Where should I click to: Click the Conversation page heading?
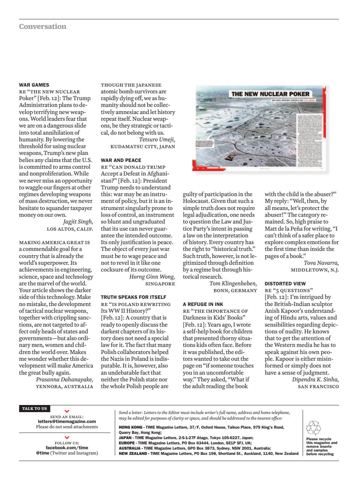(43, 27)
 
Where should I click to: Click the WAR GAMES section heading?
(34, 85)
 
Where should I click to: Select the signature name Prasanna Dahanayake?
(64, 379)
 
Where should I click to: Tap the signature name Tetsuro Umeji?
(157, 139)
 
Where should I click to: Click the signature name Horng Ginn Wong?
(152, 277)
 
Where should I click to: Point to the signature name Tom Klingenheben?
(233, 283)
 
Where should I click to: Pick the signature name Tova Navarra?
(321, 263)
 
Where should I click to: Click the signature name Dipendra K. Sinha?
(315, 379)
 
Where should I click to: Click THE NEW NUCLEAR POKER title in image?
(270, 94)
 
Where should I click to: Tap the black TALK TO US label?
(34, 409)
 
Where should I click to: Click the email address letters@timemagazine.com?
(67, 421)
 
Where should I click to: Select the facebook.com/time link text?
(67, 447)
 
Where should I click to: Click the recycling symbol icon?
(314, 428)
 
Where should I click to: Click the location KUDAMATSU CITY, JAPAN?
(142, 147)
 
